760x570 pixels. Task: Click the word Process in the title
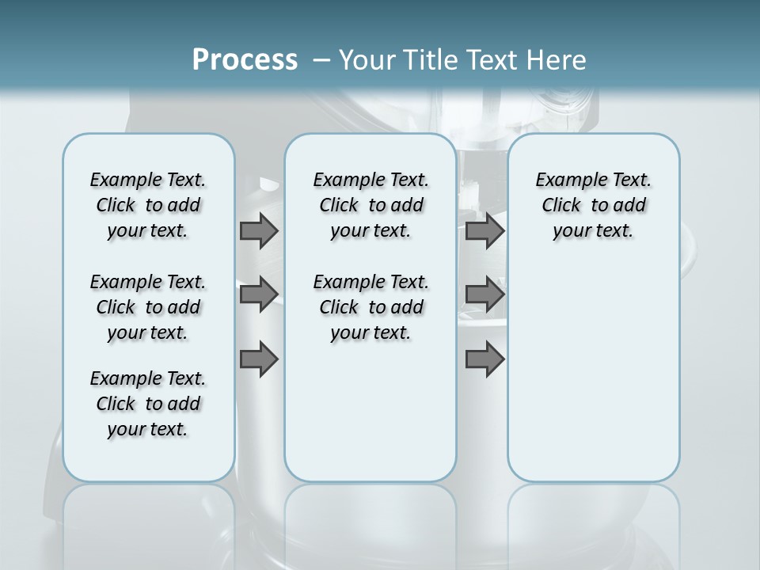point(245,59)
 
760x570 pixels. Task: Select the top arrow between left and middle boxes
point(259,230)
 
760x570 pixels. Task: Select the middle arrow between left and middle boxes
point(259,294)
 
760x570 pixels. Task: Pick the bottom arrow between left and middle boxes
point(259,359)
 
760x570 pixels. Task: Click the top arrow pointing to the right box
point(484,230)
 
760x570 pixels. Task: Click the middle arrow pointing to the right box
point(484,294)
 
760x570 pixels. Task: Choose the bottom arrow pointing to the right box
point(484,359)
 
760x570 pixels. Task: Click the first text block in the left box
point(148,205)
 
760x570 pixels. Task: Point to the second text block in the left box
point(148,307)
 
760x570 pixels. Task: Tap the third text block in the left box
point(148,404)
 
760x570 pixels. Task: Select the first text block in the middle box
point(370,205)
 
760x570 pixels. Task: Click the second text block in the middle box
point(370,307)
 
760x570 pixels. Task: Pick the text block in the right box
point(593,205)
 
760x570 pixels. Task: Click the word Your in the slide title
point(367,59)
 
